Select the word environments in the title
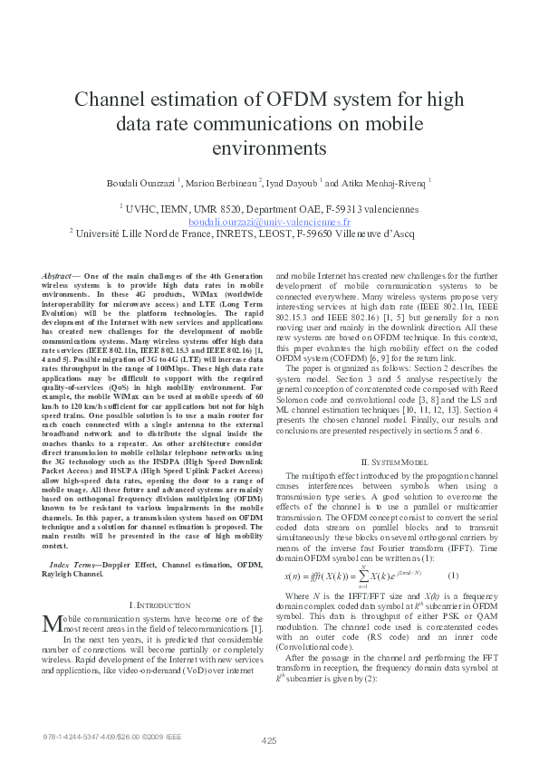(x=269, y=147)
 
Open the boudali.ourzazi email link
(x=269, y=222)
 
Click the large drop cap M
(x=51, y=624)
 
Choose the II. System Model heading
(x=390, y=462)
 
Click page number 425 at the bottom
(x=269, y=740)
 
